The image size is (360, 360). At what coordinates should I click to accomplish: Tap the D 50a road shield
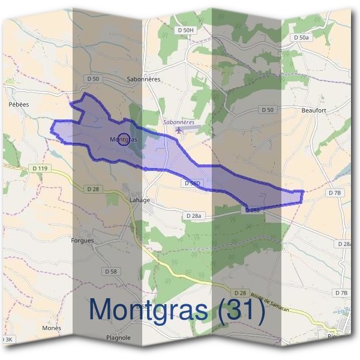click(x=302, y=37)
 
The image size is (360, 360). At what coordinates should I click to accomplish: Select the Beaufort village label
click(x=313, y=111)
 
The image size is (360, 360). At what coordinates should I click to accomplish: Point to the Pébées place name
click(x=19, y=104)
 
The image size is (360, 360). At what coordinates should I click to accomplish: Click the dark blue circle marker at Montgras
click(x=122, y=139)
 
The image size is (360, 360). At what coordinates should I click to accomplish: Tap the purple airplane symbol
click(x=179, y=130)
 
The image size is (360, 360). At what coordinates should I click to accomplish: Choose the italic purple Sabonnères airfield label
click(x=179, y=122)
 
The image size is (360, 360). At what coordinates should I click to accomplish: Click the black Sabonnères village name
click(x=144, y=79)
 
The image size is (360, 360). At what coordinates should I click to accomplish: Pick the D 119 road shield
click(x=40, y=169)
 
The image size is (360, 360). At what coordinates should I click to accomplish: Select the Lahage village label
click(x=140, y=200)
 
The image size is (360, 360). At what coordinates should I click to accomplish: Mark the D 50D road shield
click(x=192, y=183)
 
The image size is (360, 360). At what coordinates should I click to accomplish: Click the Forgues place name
click(x=82, y=241)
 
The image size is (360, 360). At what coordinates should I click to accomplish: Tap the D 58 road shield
click(x=111, y=271)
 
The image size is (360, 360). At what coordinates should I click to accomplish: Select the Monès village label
click(x=52, y=328)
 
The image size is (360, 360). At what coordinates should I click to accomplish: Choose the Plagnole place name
click(x=118, y=338)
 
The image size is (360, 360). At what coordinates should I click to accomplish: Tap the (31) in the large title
click(x=237, y=311)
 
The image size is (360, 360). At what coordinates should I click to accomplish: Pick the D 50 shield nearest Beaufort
click(x=268, y=110)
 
